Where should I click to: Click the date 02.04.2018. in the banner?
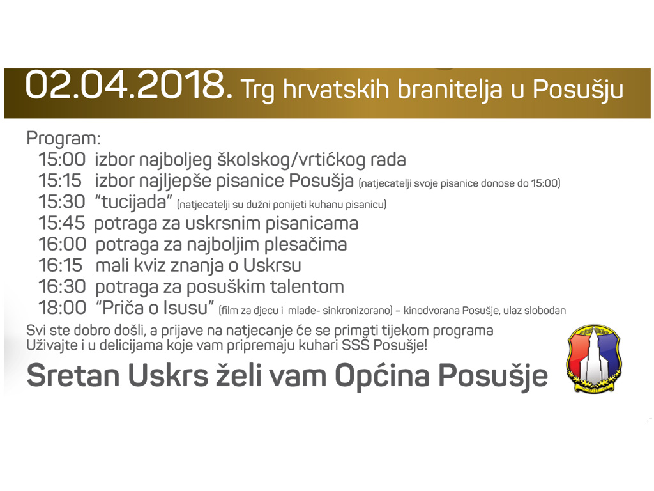[x=129, y=86]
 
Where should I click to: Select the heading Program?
[x=63, y=139]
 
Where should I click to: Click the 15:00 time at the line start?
[x=62, y=159]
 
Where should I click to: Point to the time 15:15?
[x=60, y=181]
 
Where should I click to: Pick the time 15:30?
[x=62, y=201]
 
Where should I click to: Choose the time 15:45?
[x=62, y=223]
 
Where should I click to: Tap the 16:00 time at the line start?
[x=62, y=244]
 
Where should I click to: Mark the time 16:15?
[x=61, y=265]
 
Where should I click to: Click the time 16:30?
[x=62, y=286]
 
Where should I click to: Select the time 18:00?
[x=62, y=308]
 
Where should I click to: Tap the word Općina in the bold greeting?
[x=382, y=376]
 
